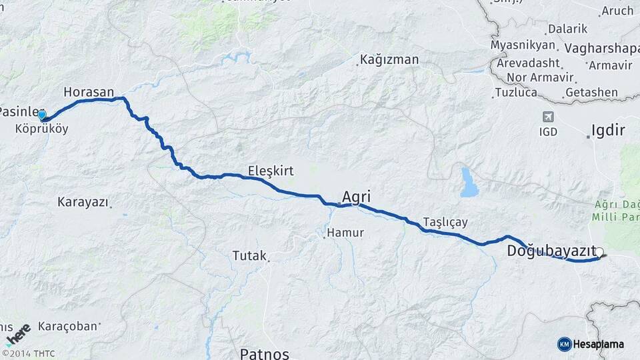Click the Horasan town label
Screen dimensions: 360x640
point(89,92)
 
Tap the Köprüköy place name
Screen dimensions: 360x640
point(41,129)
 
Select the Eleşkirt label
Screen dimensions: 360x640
point(271,171)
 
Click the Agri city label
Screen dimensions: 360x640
point(356,196)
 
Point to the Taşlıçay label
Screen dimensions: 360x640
point(445,222)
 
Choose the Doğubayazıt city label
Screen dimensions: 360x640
point(551,251)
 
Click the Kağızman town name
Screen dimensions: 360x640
point(389,60)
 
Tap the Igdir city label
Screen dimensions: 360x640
point(609,131)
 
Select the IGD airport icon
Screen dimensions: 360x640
point(548,116)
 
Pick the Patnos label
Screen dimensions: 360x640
point(265,353)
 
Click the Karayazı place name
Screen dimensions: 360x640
point(83,201)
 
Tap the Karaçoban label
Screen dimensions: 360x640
point(68,327)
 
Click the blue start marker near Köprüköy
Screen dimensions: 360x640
point(42,115)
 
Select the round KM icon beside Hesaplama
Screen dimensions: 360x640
point(564,344)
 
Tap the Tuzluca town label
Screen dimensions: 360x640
point(516,92)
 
